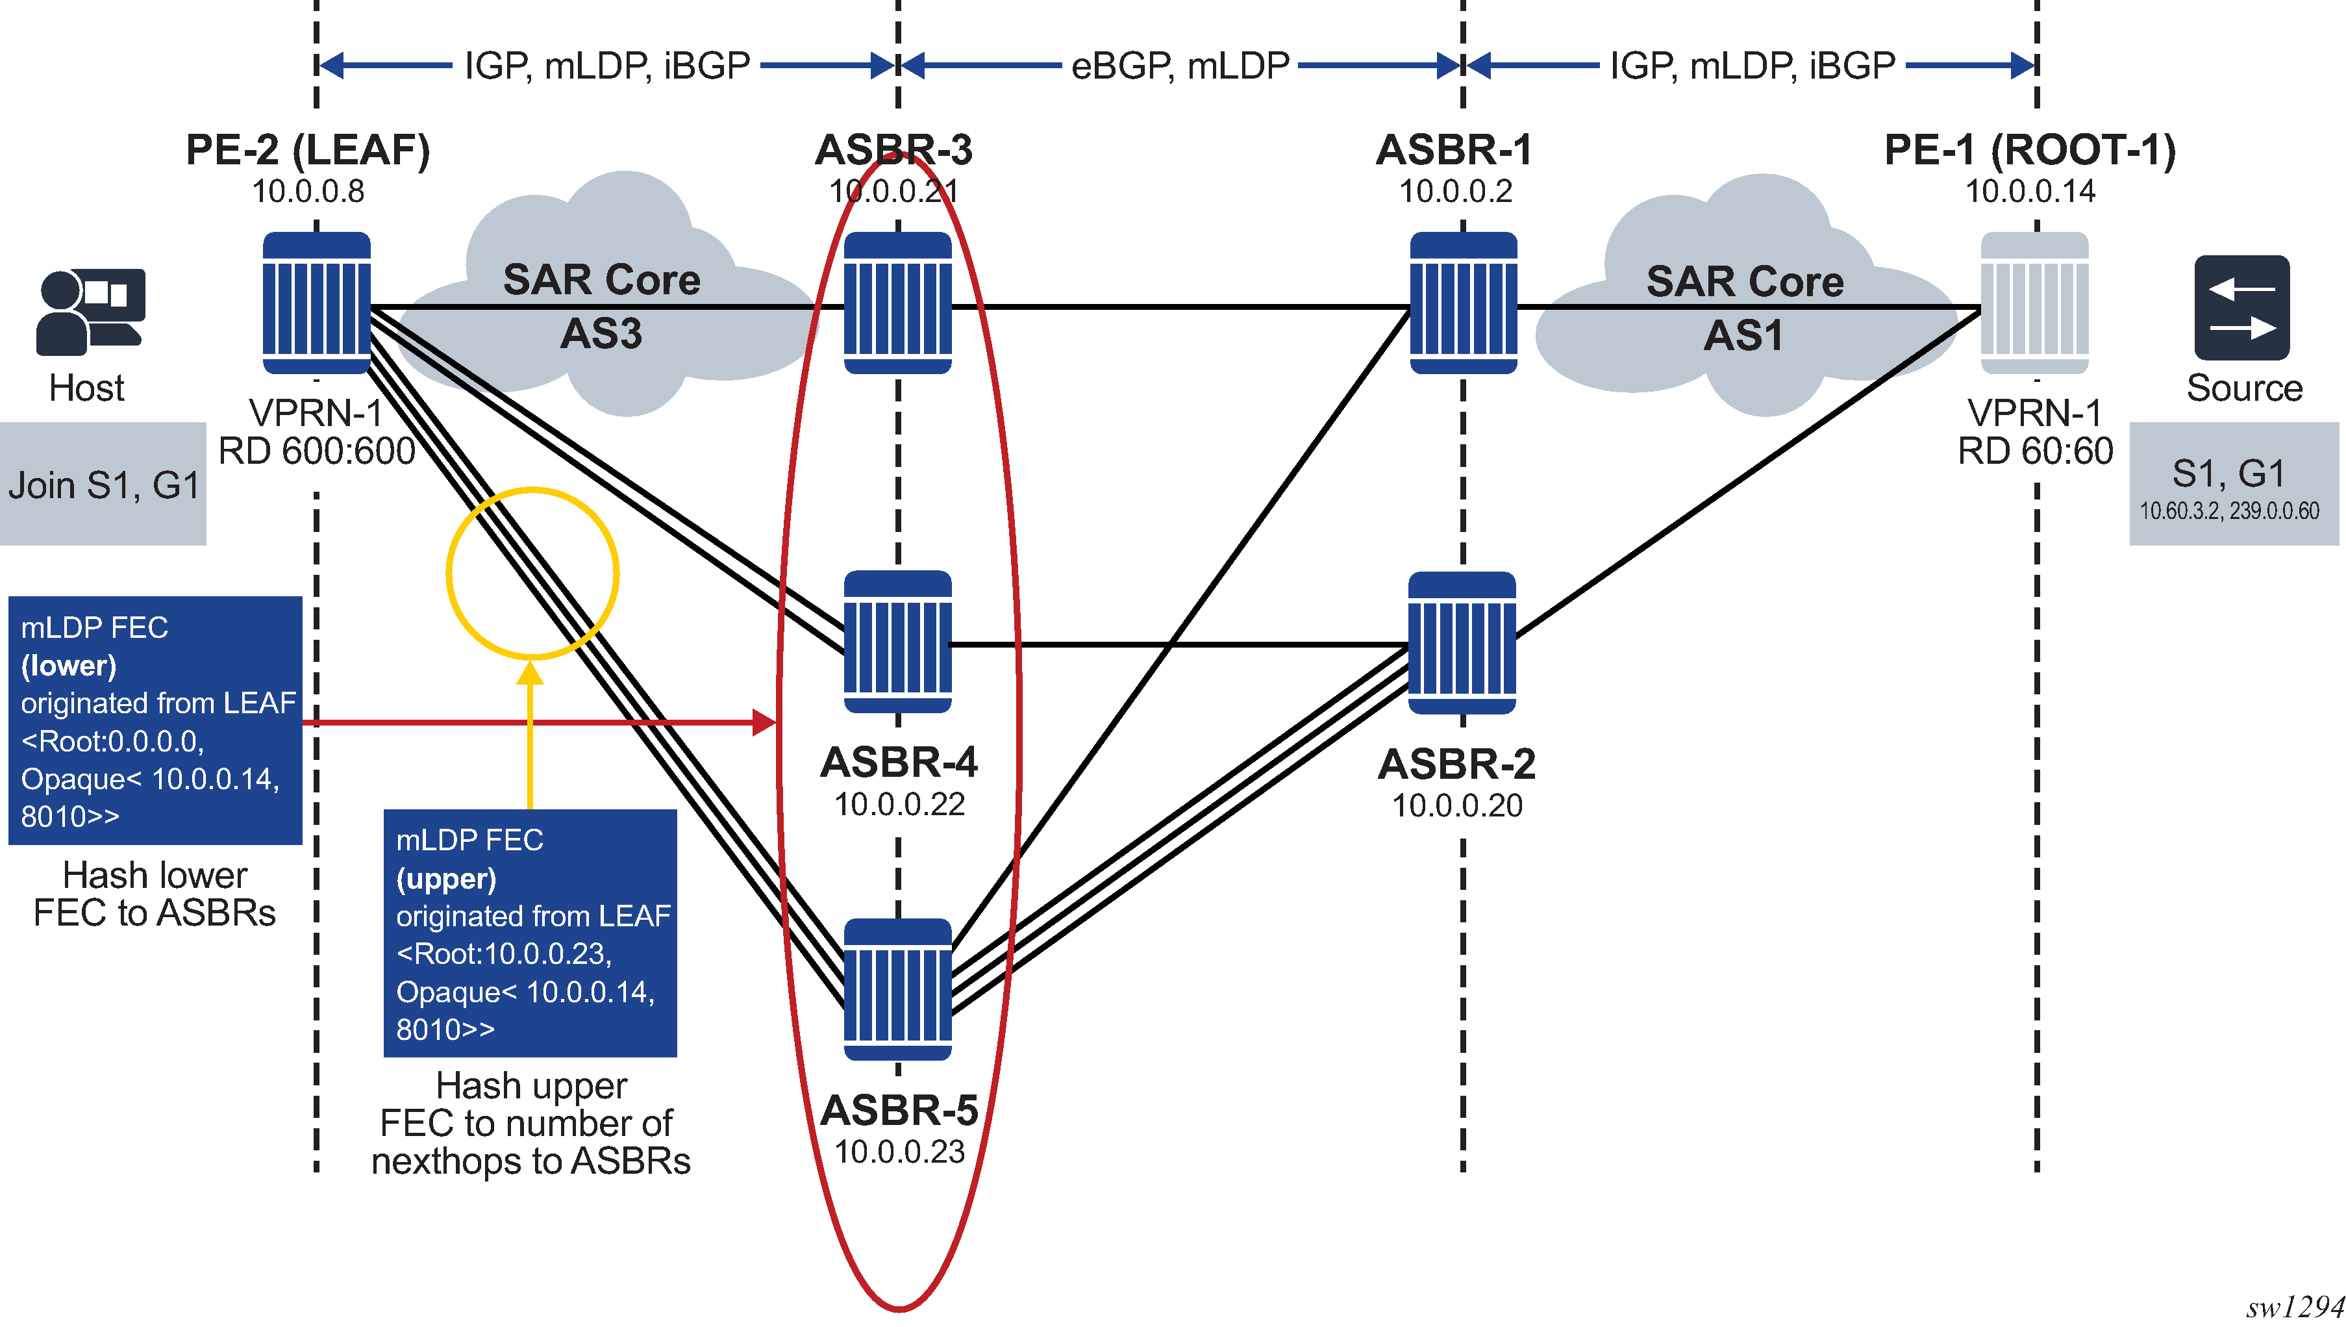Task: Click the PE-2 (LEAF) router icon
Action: [x=316, y=303]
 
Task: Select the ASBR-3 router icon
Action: [x=897, y=303]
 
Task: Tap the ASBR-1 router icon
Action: [x=1463, y=303]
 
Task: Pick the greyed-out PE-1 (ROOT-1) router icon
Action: [x=2034, y=303]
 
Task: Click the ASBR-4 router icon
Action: [x=897, y=642]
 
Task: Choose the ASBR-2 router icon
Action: [x=1462, y=642]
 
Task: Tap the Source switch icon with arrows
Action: [x=2241, y=307]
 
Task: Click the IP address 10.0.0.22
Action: [x=899, y=804]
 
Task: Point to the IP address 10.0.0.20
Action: [x=1457, y=805]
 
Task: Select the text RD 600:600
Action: [x=316, y=451]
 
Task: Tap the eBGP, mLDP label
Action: [x=1180, y=66]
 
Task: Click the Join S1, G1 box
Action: [x=103, y=485]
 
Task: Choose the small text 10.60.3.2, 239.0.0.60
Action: [x=2228, y=511]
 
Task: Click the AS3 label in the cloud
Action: [x=601, y=334]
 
